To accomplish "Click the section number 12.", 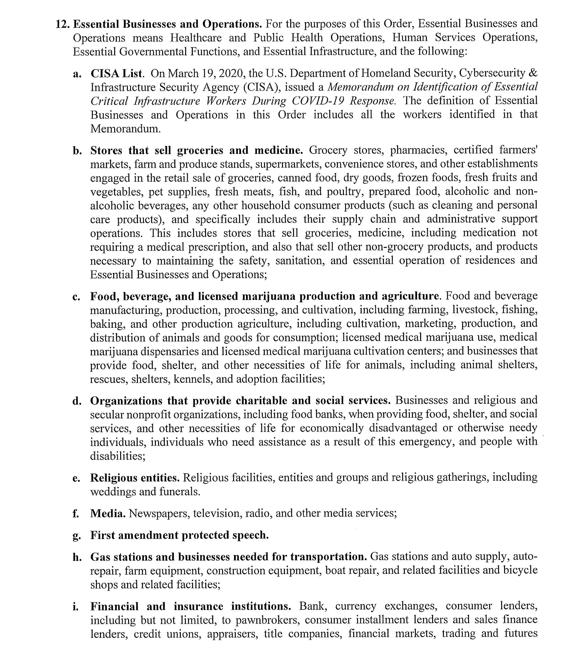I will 62,24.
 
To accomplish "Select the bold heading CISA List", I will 117,73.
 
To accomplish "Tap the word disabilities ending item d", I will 118,456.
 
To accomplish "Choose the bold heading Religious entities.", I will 135,478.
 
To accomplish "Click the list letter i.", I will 75,607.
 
